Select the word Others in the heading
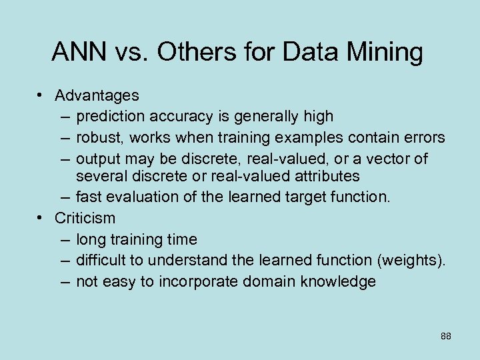click(199, 52)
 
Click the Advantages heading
click(97, 96)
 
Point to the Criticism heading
click(85, 217)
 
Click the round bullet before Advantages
click(41, 96)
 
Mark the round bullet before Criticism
click(41, 217)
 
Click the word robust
click(99, 137)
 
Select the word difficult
click(98, 260)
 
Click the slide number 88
click(446, 336)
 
